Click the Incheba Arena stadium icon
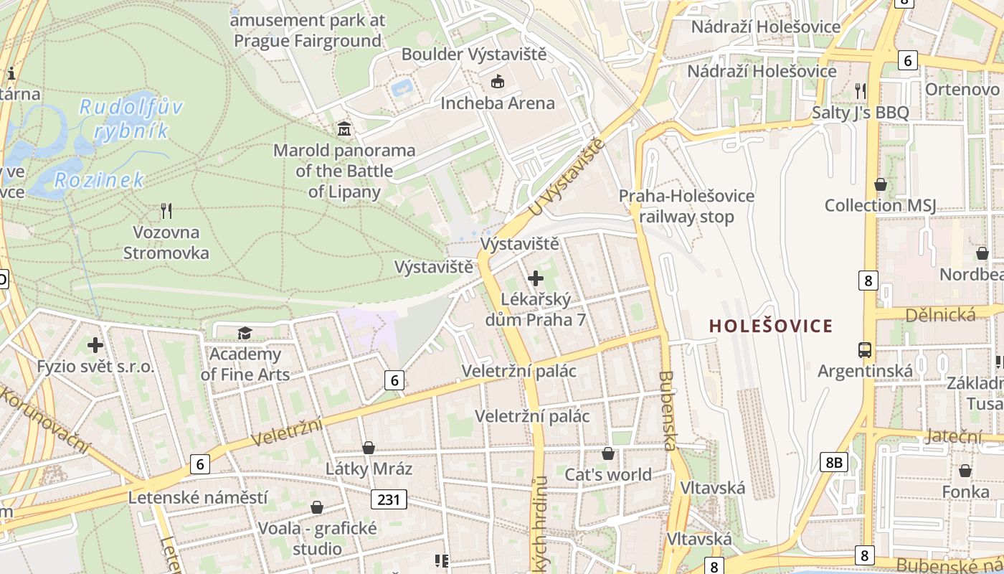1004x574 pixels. click(498, 82)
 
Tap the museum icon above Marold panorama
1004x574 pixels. click(344, 129)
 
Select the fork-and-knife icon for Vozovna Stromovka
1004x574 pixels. click(166, 211)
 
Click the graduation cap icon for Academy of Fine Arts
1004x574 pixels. click(245, 333)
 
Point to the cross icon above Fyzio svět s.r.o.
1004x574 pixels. click(95, 345)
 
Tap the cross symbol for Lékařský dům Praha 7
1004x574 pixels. click(536, 278)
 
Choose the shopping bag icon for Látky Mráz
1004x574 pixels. click(369, 448)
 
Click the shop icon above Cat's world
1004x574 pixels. click(608, 453)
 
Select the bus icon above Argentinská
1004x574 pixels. click(865, 350)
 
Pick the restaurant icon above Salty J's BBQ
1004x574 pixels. click(861, 90)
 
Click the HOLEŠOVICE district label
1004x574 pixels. click(771, 326)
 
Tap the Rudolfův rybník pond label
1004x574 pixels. click(131, 119)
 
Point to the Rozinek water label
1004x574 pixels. click(100, 179)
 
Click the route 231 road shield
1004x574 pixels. click(389, 499)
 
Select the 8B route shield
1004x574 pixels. click(833, 462)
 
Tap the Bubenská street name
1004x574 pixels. click(668, 410)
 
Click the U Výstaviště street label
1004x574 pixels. click(566, 178)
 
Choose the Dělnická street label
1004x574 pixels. click(940, 314)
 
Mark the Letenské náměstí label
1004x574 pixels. click(198, 497)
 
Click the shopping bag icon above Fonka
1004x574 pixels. click(965, 471)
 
